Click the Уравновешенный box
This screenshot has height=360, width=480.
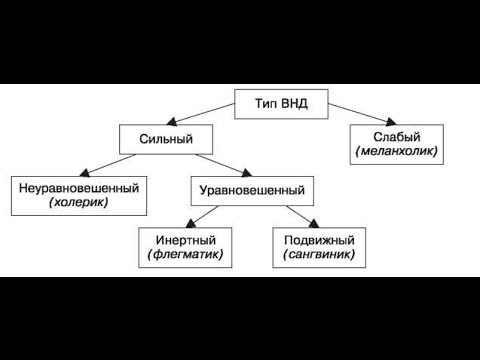(246, 187)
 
